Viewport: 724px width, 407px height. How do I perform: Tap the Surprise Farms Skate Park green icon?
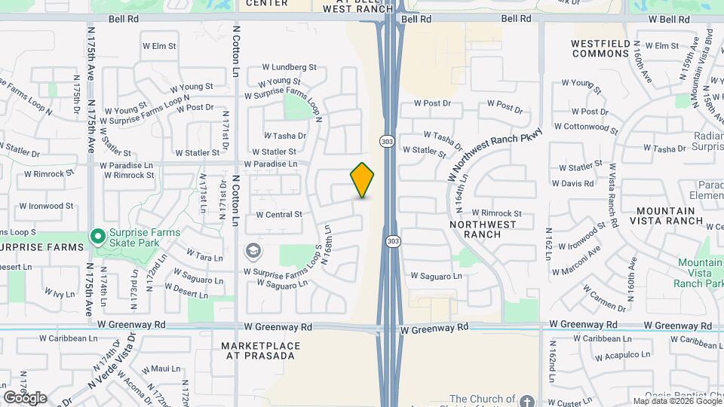click(x=97, y=237)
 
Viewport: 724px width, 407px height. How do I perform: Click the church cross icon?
click(x=527, y=399)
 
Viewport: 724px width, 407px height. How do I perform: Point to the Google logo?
click(x=25, y=397)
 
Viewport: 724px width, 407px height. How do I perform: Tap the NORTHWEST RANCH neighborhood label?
click(x=483, y=229)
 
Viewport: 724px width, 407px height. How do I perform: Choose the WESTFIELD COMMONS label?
click(x=600, y=48)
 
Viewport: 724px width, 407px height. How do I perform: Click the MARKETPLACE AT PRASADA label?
click(x=261, y=350)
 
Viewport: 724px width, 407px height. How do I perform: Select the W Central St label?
click(x=278, y=215)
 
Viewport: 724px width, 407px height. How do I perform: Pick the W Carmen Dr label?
click(x=604, y=296)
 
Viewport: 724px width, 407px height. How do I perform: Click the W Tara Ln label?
click(x=204, y=257)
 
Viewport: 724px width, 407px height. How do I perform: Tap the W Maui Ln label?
click(x=164, y=369)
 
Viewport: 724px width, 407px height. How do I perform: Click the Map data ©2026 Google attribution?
click(x=676, y=401)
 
